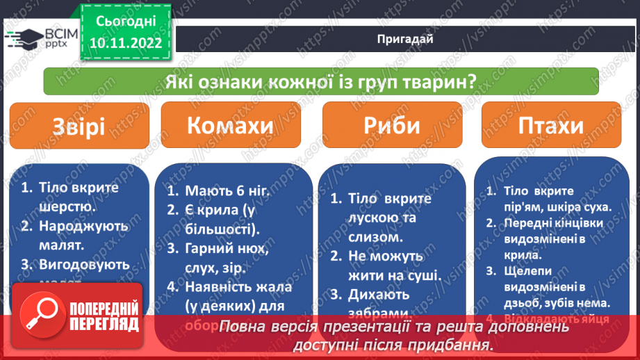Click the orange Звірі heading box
pyautogui.click(x=79, y=127)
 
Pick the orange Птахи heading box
pyautogui.click(x=552, y=127)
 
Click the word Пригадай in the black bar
pyautogui.click(x=407, y=40)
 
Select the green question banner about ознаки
pyautogui.click(x=320, y=81)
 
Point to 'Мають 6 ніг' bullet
pyautogui.click(x=222, y=191)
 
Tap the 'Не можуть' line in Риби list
pyautogui.click(x=386, y=256)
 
